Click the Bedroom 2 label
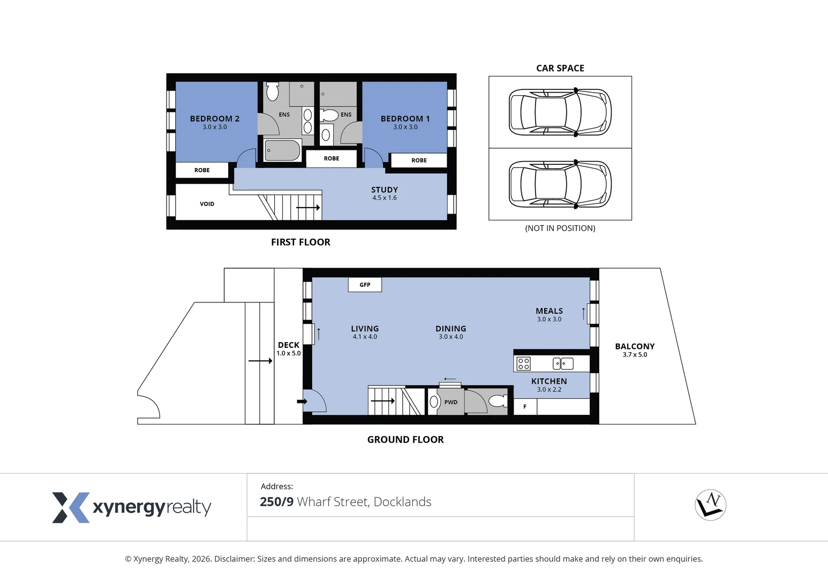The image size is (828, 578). (x=215, y=122)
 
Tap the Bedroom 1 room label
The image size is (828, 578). (x=405, y=122)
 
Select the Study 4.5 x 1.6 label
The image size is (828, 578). (x=385, y=193)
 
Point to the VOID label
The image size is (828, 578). (x=207, y=204)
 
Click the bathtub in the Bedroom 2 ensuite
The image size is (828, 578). (x=283, y=150)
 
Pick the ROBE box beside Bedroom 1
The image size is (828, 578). (x=419, y=161)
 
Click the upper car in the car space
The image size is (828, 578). (x=560, y=112)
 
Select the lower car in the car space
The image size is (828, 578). (x=560, y=184)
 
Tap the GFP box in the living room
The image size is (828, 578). (x=365, y=285)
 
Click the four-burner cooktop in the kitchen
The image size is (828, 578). (x=523, y=363)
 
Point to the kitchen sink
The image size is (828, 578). (x=563, y=363)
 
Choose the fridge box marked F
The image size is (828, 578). (x=525, y=407)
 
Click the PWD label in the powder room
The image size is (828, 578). (x=450, y=402)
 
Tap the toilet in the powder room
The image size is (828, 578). (x=498, y=401)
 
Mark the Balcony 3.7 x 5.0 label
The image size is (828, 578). (x=635, y=350)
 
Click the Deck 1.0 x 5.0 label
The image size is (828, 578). (x=289, y=348)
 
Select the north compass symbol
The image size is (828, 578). (x=711, y=505)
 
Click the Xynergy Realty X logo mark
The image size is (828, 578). (x=71, y=507)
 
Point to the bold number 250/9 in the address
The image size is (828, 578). (x=276, y=501)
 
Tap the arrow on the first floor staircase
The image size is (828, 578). (x=308, y=208)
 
